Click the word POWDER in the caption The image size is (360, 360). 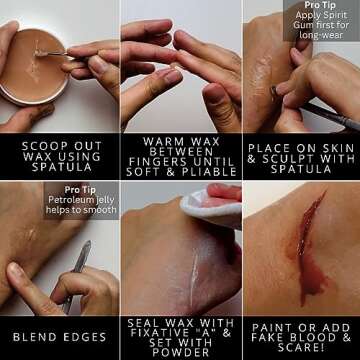pyautogui.click(x=179, y=351)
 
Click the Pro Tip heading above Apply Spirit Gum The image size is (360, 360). pyautogui.click(x=321, y=6)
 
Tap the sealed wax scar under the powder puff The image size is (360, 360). pyautogui.click(x=180, y=264)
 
